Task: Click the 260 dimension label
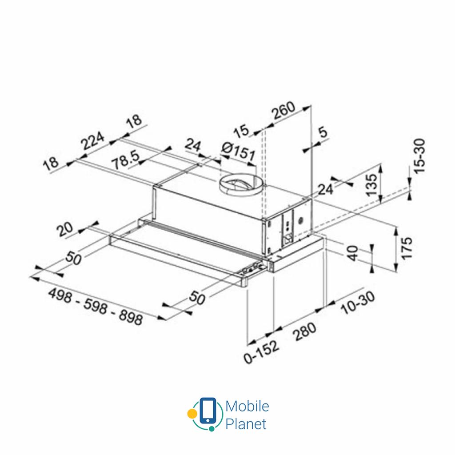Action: click(x=283, y=111)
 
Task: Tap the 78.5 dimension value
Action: click(x=126, y=161)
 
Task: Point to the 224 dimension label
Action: click(x=92, y=142)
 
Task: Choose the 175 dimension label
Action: click(x=406, y=248)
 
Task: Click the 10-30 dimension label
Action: click(x=357, y=303)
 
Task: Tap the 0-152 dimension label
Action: click(x=261, y=352)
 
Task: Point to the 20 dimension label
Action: click(x=66, y=230)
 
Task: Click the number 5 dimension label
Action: click(x=323, y=132)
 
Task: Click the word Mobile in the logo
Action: click(x=247, y=406)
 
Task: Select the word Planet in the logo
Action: click(x=246, y=423)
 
